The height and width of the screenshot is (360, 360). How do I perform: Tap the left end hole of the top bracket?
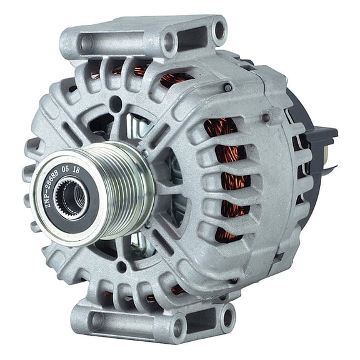86,44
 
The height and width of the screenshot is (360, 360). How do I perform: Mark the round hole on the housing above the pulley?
116,103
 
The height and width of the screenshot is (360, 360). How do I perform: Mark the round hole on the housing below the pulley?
122,267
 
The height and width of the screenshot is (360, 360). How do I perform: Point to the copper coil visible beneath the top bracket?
175,78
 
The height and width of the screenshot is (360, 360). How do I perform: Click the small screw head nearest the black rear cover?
266,117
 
